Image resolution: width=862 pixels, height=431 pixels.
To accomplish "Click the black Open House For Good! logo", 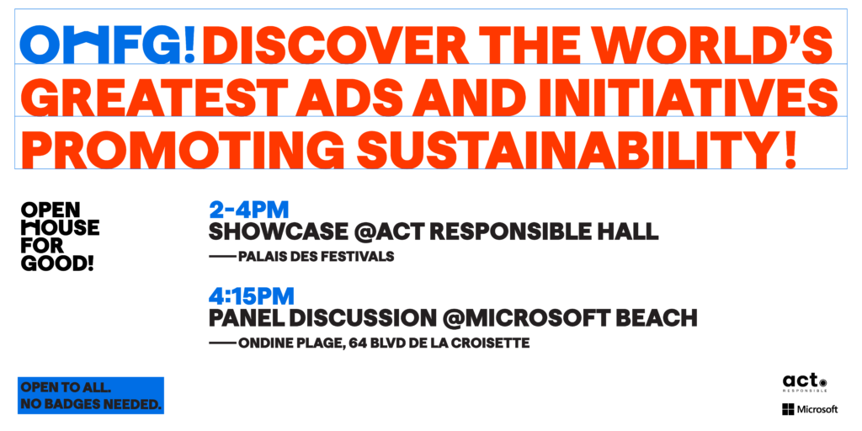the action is pyautogui.click(x=60, y=237).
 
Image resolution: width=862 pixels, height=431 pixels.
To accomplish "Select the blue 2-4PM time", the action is pyautogui.click(x=249, y=210).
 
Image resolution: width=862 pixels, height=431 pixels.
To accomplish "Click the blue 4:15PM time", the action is pyautogui.click(x=251, y=296).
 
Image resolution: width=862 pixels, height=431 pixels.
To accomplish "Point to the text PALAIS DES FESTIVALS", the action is pyautogui.click(x=317, y=257).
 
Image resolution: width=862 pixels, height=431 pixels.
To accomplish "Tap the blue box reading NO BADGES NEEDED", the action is pyautogui.click(x=91, y=396).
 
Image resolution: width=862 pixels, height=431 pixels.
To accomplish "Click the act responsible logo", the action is pyautogui.click(x=805, y=383).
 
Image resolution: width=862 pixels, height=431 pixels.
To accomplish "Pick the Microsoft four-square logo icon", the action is pyautogui.click(x=788, y=410).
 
